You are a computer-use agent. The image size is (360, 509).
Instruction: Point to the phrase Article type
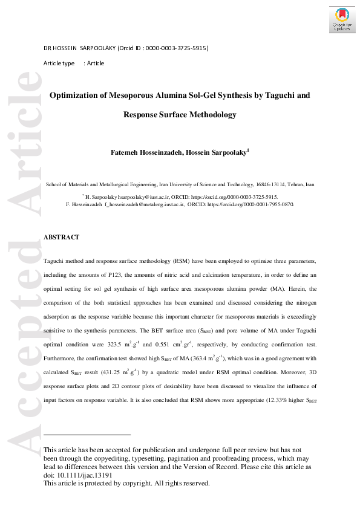[59, 63]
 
